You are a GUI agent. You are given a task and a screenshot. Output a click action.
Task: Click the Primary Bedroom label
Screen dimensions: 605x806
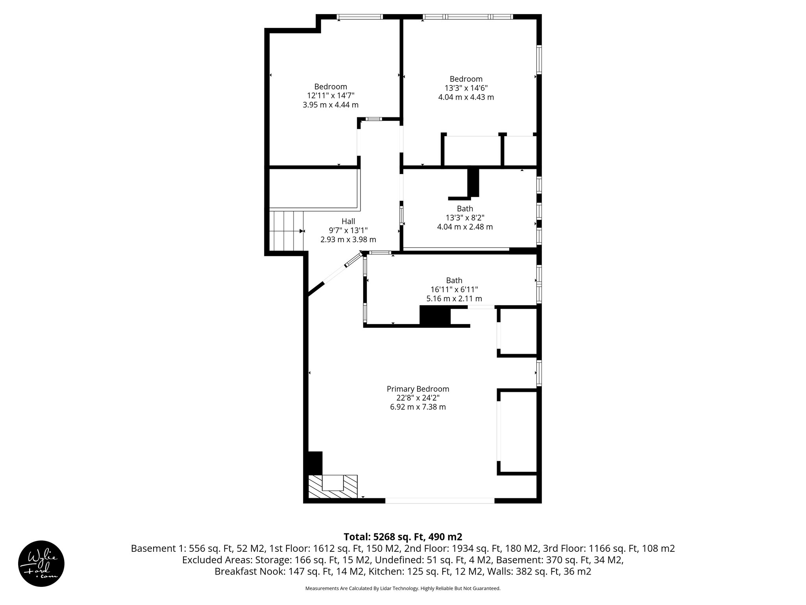pyautogui.click(x=418, y=389)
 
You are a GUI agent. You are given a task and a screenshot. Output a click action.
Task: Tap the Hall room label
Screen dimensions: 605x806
pyautogui.click(x=348, y=221)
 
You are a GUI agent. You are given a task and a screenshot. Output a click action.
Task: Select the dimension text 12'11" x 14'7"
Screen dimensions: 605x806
pyautogui.click(x=331, y=96)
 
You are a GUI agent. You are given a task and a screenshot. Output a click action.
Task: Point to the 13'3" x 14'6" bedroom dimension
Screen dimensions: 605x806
pyautogui.click(x=466, y=88)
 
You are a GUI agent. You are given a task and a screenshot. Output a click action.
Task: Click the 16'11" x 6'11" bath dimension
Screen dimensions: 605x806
pyautogui.click(x=454, y=290)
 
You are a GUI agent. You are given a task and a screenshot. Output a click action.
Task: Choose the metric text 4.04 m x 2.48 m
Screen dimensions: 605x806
pyautogui.click(x=465, y=227)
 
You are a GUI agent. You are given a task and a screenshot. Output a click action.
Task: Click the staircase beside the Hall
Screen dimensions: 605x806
pyautogui.click(x=287, y=231)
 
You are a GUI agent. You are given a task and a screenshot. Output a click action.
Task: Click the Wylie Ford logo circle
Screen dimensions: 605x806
pyautogui.click(x=41, y=564)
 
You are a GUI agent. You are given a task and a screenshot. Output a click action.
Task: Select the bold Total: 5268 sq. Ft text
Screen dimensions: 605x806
pyautogui.click(x=403, y=537)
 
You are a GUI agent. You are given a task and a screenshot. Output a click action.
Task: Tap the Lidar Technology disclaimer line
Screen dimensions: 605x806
pyautogui.click(x=403, y=588)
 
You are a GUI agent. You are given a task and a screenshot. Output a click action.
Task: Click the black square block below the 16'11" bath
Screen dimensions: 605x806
pyautogui.click(x=435, y=316)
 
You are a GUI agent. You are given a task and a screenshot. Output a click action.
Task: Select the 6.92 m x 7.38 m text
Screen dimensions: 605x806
pyautogui.click(x=418, y=407)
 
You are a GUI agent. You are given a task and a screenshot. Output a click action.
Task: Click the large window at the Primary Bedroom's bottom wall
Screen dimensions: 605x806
pyautogui.click(x=440, y=501)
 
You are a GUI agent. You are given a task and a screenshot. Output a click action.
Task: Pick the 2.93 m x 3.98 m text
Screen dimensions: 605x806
pyautogui.click(x=348, y=239)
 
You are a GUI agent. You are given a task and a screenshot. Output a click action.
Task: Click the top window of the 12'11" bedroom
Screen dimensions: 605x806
pyautogui.click(x=360, y=17)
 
